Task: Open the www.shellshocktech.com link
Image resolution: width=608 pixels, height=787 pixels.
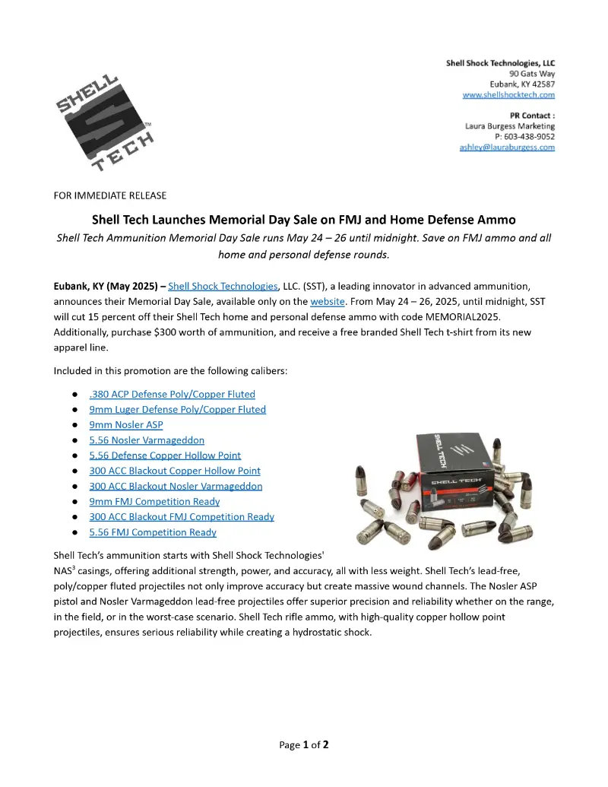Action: pos(508,95)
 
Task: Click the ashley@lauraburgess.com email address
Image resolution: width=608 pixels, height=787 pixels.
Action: pos(507,147)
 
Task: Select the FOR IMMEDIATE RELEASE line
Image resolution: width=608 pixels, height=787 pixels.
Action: pos(110,195)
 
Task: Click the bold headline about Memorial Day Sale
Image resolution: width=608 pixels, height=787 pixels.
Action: pos(303,220)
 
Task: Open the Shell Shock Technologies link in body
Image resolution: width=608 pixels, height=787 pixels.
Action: pos(223,286)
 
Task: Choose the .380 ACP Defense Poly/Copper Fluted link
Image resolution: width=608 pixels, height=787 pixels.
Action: pos(172,394)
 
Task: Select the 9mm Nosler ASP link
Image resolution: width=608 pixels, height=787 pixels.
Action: pos(126,425)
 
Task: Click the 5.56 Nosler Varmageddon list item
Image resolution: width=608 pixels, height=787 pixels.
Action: pos(147,440)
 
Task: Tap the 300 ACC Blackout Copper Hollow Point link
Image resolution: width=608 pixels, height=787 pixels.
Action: pos(175,471)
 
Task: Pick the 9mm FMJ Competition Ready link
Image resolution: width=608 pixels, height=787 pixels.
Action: pos(154,501)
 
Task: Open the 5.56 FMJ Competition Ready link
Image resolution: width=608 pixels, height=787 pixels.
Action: pos(153,532)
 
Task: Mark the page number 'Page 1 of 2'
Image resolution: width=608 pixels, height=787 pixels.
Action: pos(303,744)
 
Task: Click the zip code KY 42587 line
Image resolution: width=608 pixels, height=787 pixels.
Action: pos(522,84)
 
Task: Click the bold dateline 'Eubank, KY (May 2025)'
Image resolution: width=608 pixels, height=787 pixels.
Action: pos(106,286)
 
